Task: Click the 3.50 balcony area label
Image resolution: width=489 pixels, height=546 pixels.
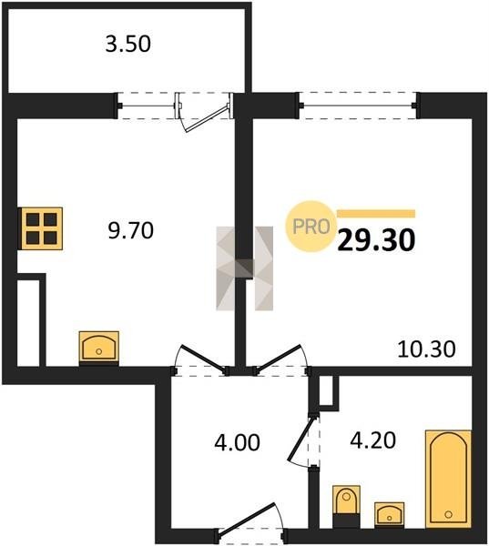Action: click(127, 45)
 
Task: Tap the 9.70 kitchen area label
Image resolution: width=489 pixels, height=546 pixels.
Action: click(131, 230)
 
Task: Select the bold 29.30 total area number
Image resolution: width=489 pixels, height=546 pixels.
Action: click(376, 240)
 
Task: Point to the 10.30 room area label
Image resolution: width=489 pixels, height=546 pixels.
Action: click(426, 349)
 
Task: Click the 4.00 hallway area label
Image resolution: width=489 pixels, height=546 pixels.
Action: click(237, 442)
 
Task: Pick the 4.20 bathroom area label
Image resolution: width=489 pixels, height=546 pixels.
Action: click(372, 440)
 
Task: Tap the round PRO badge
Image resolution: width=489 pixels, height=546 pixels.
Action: click(311, 227)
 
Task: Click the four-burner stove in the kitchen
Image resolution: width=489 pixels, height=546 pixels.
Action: click(42, 228)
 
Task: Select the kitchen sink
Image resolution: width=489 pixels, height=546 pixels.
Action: click(99, 347)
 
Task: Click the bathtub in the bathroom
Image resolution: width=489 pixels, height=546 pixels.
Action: click(448, 479)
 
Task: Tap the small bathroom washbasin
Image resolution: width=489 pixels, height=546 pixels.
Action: click(390, 514)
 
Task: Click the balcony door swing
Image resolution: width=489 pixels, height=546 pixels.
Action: click(206, 117)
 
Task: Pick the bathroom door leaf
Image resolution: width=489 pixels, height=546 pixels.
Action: click(302, 438)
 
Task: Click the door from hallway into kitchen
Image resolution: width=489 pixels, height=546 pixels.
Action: click(201, 358)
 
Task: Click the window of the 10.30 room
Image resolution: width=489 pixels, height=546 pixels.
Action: click(358, 106)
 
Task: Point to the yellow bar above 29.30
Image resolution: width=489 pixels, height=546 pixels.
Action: click(376, 214)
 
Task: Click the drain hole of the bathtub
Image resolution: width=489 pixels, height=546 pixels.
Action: click(449, 514)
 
